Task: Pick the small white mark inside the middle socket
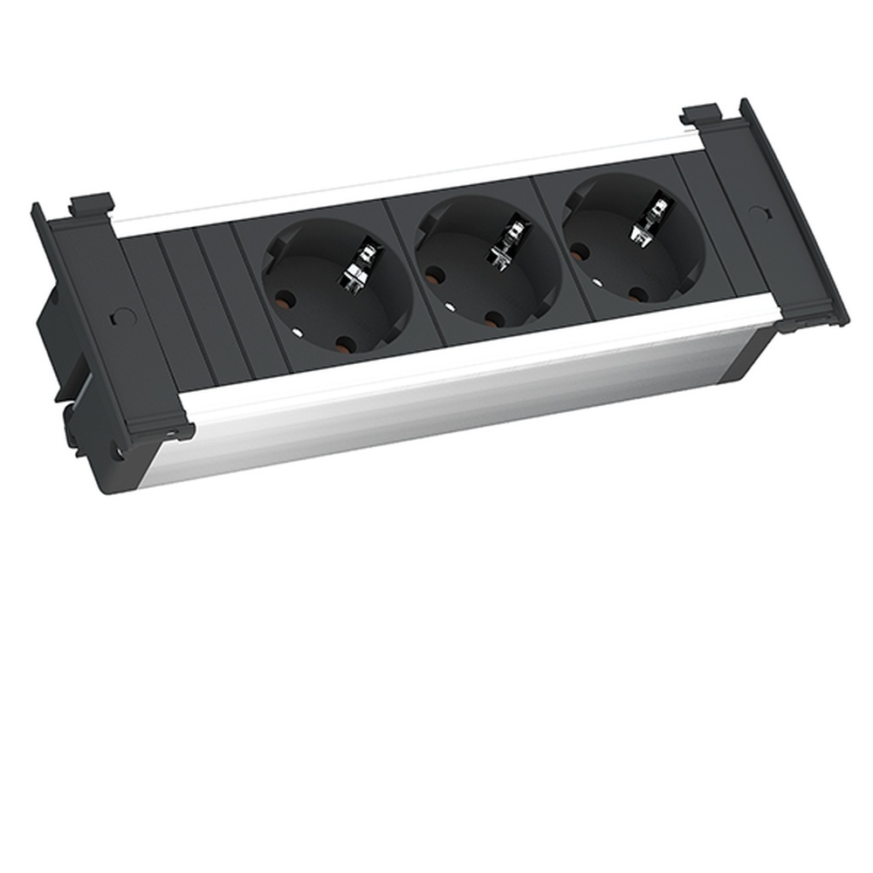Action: pyautogui.click(x=448, y=306)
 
